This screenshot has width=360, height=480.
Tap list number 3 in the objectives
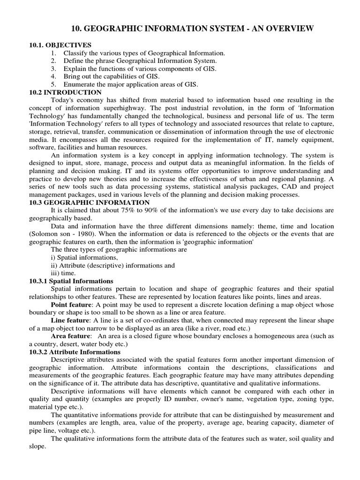click(x=54, y=69)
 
